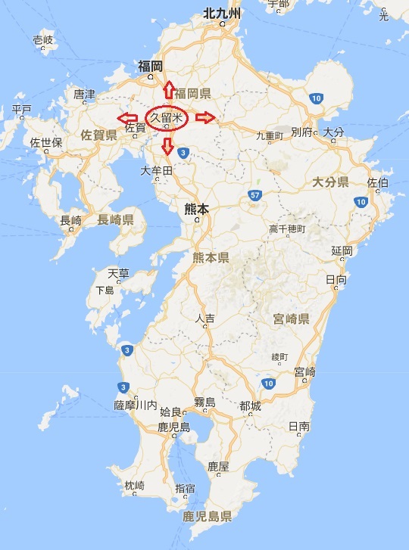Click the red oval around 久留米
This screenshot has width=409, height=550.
click(167, 119)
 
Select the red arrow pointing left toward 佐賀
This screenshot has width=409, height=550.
click(127, 118)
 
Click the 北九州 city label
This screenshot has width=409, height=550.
click(221, 13)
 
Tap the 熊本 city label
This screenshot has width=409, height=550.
click(196, 206)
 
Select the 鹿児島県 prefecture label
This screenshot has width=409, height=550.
click(206, 517)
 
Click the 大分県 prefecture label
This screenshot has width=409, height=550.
click(329, 182)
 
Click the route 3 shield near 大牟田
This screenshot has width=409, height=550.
click(184, 153)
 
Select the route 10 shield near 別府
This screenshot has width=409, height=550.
click(317, 98)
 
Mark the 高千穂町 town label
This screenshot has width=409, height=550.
click(287, 228)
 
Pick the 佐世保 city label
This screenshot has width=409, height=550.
click(45, 142)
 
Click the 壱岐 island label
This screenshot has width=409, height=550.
click(43, 40)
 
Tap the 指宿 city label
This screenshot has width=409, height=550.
click(185, 488)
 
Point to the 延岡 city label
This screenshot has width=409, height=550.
click(342, 250)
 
